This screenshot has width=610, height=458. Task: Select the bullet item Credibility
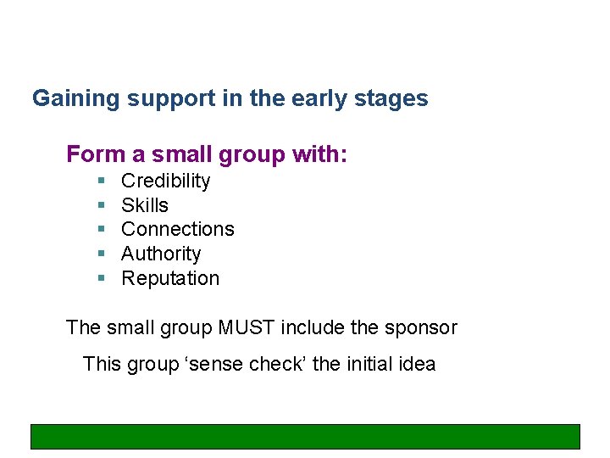[165, 181]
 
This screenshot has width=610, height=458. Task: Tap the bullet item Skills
[145, 205]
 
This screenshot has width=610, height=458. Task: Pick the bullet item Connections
[178, 229]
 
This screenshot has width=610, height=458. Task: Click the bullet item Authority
[161, 254]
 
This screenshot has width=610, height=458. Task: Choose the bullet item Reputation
[170, 278]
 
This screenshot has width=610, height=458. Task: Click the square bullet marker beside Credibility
[100, 181]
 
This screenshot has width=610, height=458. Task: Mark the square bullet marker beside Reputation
[100, 278]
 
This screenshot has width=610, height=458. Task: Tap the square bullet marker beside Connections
[100, 230]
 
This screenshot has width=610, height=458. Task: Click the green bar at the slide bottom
[305, 436]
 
